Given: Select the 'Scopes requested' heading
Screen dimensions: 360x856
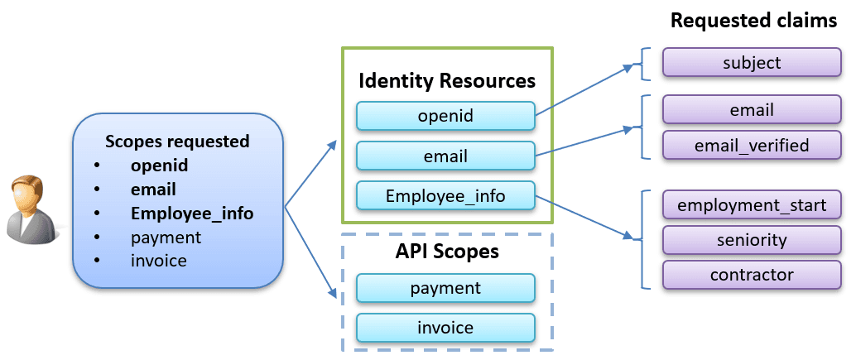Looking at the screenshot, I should pos(177,141).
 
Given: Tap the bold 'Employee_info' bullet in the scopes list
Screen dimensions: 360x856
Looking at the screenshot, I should pos(192,214).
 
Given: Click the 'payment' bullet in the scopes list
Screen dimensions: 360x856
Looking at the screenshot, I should pos(166,238).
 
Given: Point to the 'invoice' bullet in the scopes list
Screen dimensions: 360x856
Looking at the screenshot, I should pos(159,262).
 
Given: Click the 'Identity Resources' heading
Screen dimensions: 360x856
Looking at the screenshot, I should pos(446,81).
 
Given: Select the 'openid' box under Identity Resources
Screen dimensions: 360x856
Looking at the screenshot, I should pos(445,116).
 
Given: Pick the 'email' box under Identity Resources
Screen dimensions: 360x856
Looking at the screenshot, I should pos(445,156).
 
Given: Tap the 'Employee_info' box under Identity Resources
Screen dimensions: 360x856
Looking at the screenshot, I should pos(445,196).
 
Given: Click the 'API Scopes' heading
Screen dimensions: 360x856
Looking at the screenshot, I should pos(446,252).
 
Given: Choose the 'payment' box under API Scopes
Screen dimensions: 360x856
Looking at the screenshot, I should pos(445,288).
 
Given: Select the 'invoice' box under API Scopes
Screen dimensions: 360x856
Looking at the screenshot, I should pos(445,328).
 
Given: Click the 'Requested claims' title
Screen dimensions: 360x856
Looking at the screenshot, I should pos(753,21).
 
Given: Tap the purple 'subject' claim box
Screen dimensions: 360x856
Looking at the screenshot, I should pos(752,63).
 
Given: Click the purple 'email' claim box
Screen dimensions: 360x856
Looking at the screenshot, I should pos(752,110).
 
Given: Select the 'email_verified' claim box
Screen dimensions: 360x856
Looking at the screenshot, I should pos(752,146).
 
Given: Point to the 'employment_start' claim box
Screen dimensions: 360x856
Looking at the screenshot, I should pos(752,204).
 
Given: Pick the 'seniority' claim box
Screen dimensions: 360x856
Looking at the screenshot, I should pos(752,240).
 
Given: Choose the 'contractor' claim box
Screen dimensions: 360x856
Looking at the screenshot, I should pos(752,275).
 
